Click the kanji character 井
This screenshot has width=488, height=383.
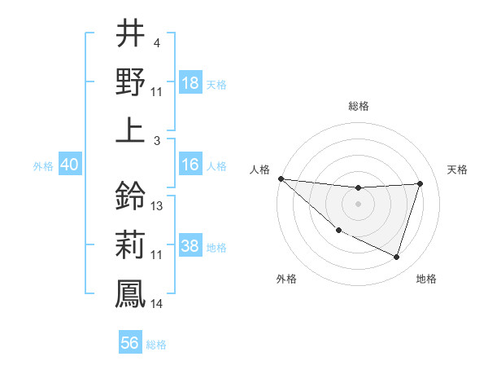point(130,34)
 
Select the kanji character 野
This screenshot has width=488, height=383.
point(130,81)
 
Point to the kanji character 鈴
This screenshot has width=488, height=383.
point(130,196)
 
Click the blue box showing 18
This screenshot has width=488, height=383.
point(190,83)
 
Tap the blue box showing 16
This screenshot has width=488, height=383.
point(190,165)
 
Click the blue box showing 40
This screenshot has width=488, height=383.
point(70,165)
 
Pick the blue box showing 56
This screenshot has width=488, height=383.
point(130,343)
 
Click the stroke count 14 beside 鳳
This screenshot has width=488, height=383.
point(157,304)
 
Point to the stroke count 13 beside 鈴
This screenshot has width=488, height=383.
point(157,206)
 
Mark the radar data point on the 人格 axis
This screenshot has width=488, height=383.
point(281,178)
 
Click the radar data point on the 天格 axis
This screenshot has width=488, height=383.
point(420,183)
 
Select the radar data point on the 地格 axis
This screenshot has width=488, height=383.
point(396,258)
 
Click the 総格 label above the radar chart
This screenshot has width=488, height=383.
point(359,106)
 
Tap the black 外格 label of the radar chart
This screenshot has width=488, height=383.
point(285,279)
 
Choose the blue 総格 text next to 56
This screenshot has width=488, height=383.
point(156,345)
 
